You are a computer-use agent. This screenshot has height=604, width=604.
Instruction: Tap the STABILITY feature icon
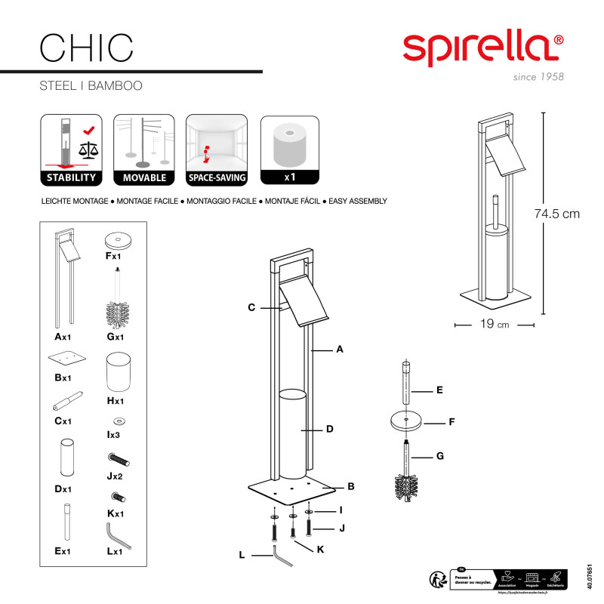point(69,150)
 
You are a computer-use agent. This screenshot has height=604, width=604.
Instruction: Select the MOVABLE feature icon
point(143,150)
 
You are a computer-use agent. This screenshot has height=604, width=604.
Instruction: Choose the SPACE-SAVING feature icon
point(217,150)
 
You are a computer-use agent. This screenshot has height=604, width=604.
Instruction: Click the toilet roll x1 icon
point(290,150)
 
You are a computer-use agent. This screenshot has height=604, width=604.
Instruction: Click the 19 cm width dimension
point(495,325)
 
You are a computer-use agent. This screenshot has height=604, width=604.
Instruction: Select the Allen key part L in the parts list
point(117,537)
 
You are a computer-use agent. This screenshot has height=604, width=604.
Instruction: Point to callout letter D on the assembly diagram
point(330,430)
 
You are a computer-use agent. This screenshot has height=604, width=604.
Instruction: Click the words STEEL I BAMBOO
point(91,86)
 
